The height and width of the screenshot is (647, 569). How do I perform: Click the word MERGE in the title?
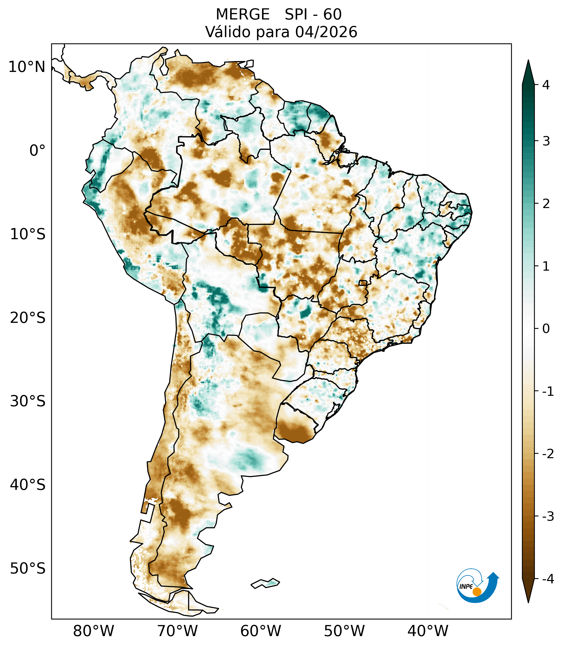pyautogui.click(x=243, y=15)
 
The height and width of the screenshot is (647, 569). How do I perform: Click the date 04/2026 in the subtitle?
pyautogui.click(x=326, y=32)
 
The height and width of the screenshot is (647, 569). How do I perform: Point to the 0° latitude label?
pyautogui.click(x=37, y=150)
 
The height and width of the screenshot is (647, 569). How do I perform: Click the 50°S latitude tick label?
pyautogui.click(x=28, y=569)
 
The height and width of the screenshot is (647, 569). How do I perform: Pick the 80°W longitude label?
pyautogui.click(x=94, y=631)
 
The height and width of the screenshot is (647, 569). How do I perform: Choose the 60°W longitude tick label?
pyautogui.click(x=261, y=631)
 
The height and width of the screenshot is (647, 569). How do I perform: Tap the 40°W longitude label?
pyautogui.click(x=428, y=631)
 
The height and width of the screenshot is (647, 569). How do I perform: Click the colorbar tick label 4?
pyautogui.click(x=546, y=85)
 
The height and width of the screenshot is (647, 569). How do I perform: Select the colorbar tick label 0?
pyautogui.click(x=546, y=329)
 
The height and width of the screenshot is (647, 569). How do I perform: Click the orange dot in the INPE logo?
pyautogui.click(x=477, y=592)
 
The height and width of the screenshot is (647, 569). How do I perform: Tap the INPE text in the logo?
pyautogui.click(x=466, y=586)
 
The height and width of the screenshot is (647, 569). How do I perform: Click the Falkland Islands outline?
pyautogui.click(x=265, y=583)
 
